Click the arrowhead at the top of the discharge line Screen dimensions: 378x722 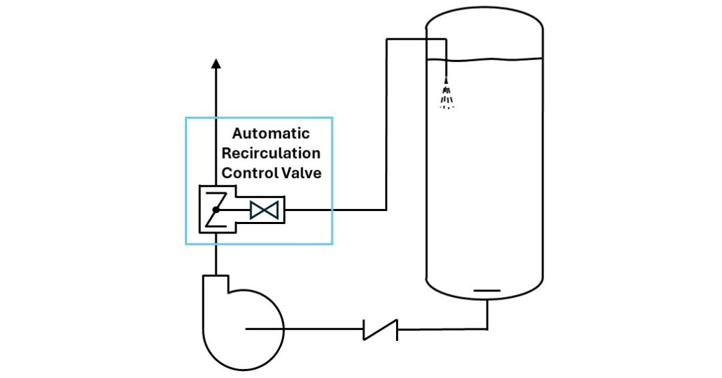click(x=217, y=64)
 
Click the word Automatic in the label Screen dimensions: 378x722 click(x=270, y=133)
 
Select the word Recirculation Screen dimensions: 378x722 click(x=271, y=153)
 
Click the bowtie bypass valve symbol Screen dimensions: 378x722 click(x=265, y=210)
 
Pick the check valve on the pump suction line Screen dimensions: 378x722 click(x=380, y=329)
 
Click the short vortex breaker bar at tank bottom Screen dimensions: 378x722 click(x=488, y=291)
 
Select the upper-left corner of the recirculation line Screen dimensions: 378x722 click(x=387, y=39)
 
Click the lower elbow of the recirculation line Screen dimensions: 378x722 click(x=387, y=209)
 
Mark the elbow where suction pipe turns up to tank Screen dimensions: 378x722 click(x=488, y=329)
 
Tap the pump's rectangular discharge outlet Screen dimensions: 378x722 click(x=217, y=282)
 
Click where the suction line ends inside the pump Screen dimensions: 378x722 click(x=246, y=329)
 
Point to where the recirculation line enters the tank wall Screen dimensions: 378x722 click(x=427, y=39)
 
